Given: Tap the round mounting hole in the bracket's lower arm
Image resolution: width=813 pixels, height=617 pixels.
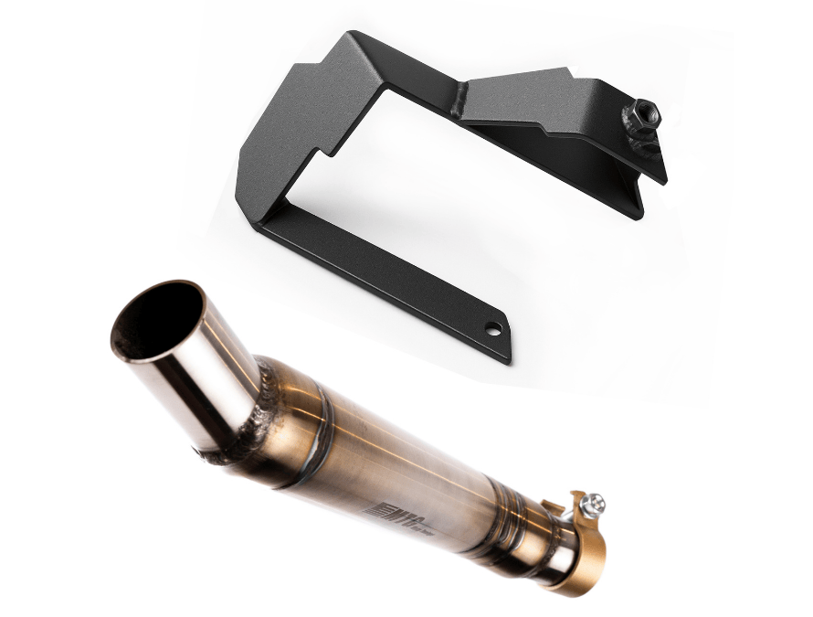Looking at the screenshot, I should point(493,327).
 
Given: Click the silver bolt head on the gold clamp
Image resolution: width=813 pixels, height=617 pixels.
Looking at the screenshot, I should point(596,502).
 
